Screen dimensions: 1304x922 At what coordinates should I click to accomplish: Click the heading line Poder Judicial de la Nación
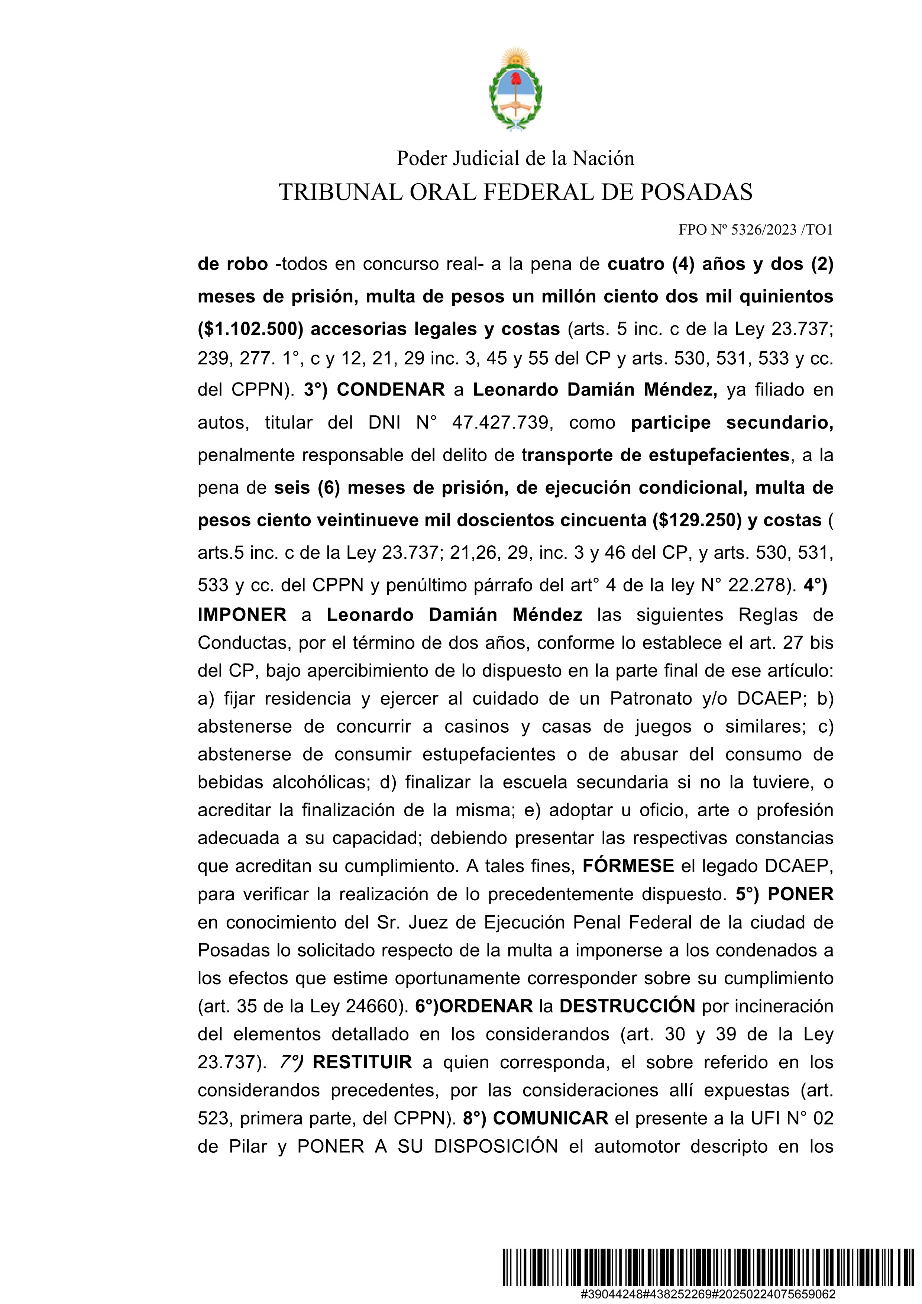pos(515,158)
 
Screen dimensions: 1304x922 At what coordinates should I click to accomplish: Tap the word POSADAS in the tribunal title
pos(696,193)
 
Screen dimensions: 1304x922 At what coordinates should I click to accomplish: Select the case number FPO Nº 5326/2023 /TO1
pos(755,230)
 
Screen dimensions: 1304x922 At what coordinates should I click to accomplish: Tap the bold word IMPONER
pos(242,615)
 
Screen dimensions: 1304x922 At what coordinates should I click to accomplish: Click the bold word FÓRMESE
pos(628,866)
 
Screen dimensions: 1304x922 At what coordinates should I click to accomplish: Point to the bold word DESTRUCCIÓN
pos(627,1006)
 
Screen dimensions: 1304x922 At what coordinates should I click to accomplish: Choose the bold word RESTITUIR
pos(362,1062)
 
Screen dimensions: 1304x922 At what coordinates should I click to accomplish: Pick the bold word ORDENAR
pos(486,1006)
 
